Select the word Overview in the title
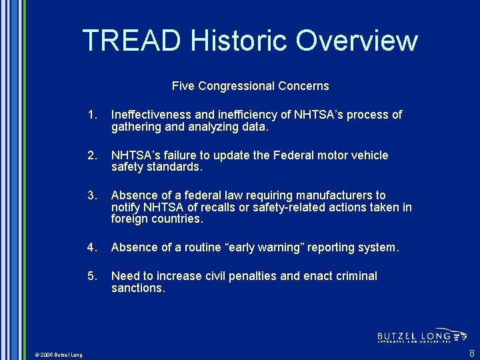357,41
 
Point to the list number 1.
91,115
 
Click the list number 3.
91,195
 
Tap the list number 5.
91,276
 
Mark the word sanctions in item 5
138,288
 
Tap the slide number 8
472,353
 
